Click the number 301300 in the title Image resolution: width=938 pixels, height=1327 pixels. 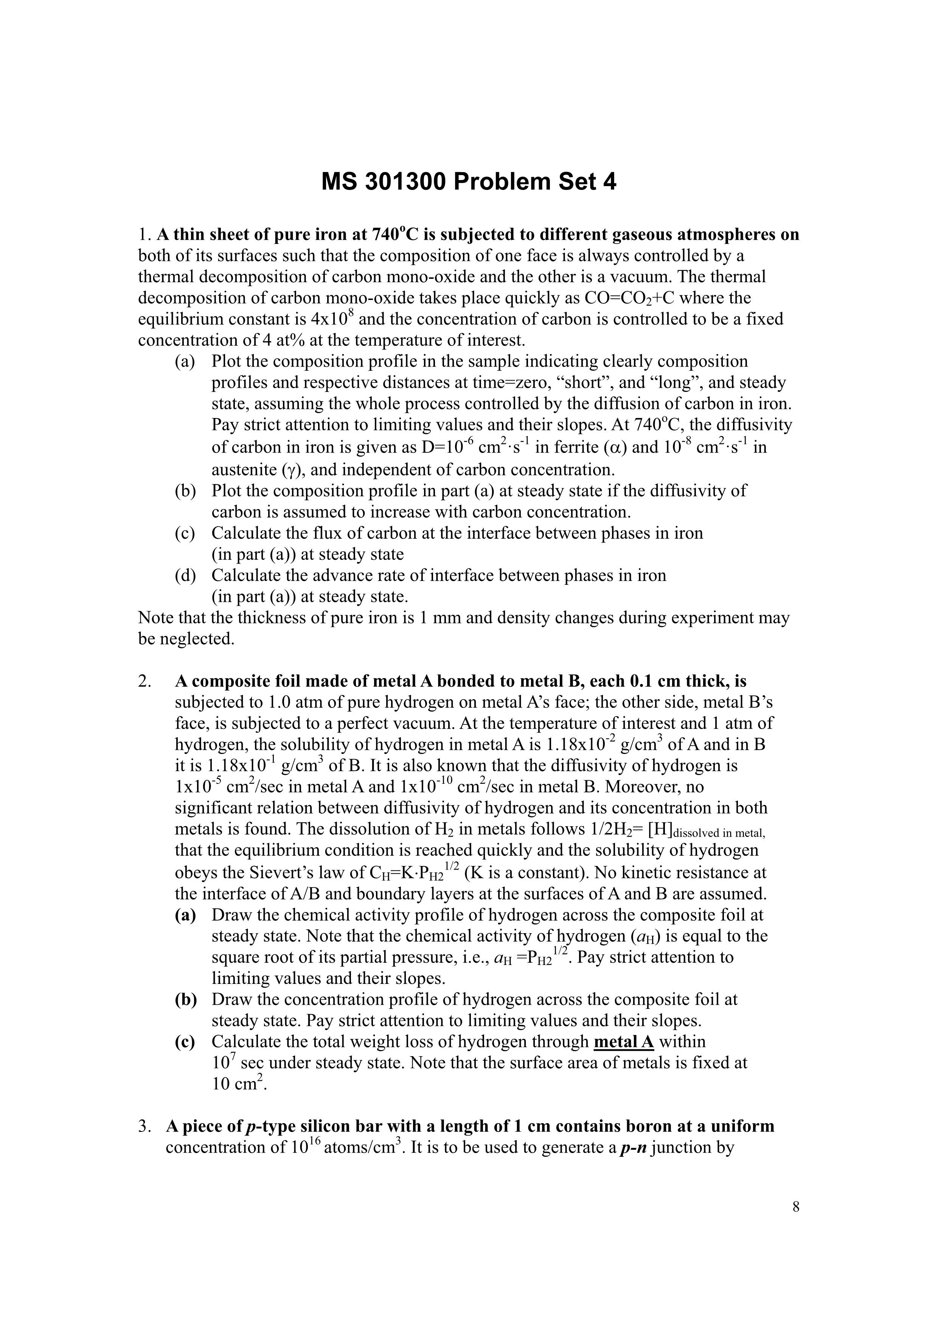[x=406, y=183]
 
